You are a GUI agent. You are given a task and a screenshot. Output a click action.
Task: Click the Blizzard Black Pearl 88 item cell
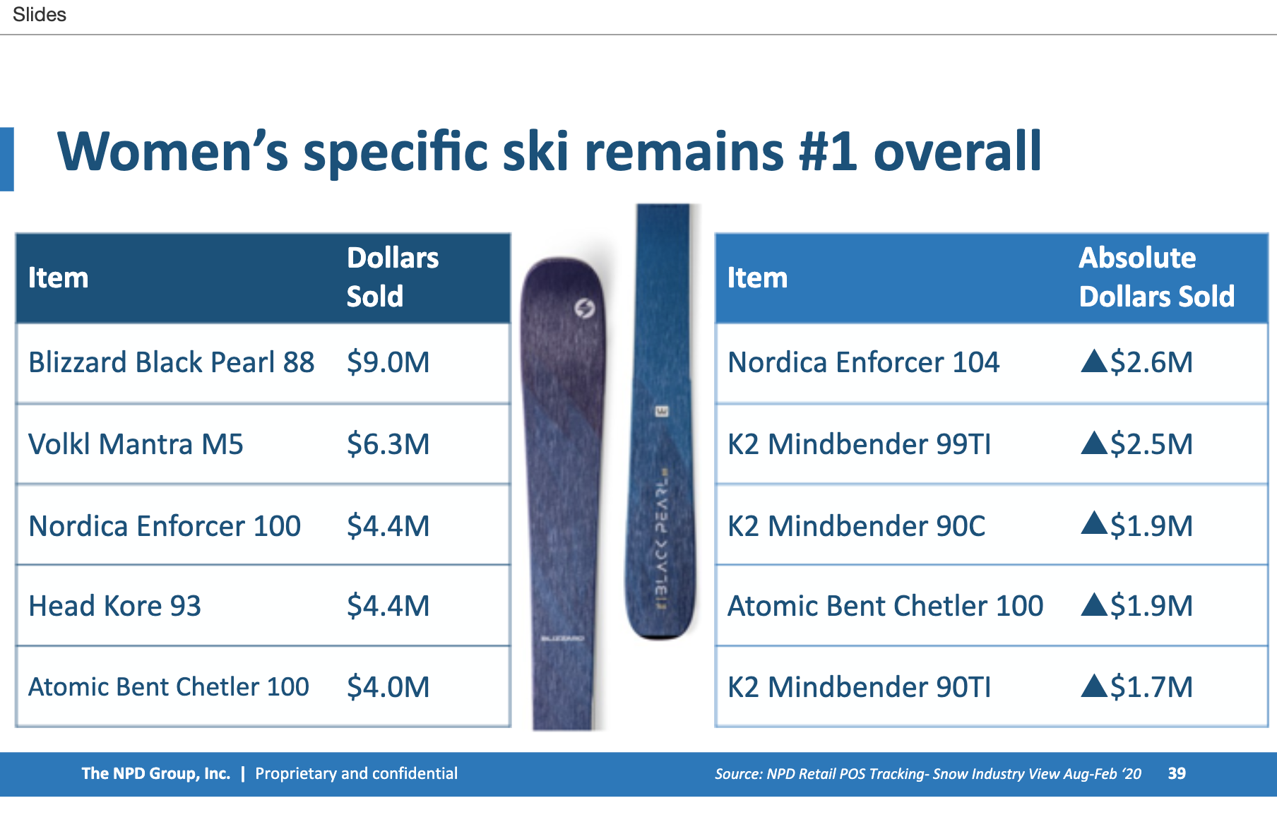pos(171,362)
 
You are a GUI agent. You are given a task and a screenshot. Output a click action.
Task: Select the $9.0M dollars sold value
pos(388,362)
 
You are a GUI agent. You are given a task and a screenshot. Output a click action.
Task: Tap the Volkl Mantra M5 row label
pos(136,444)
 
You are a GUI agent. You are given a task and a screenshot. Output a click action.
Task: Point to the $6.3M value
pos(388,444)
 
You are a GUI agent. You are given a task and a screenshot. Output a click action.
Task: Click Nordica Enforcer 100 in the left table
pos(165,526)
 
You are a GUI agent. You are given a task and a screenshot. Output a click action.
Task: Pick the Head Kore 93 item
pos(114,606)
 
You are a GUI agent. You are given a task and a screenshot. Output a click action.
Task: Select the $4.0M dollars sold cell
pos(388,687)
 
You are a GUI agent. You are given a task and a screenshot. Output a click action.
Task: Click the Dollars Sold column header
pos(393,277)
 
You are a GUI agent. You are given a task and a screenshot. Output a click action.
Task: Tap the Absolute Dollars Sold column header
pos(1157,277)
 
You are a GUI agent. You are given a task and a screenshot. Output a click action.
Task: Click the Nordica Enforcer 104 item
pos(864,362)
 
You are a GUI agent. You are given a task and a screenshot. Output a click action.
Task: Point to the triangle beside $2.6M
pos(1094,361)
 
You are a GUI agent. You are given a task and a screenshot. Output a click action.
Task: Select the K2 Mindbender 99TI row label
pos(860,444)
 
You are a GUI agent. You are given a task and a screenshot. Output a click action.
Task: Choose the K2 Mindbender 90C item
pos(856,526)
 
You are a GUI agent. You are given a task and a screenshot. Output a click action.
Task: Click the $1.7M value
pos(1151,687)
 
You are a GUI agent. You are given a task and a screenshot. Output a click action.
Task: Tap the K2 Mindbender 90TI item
pos(860,687)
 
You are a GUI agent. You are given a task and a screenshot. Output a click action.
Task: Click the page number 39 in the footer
pos(1177,773)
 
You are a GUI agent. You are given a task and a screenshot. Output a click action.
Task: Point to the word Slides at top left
pos(40,14)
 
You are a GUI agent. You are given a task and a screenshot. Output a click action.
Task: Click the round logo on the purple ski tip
pos(584,308)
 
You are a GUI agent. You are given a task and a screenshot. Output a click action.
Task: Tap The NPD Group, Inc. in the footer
pos(156,773)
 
